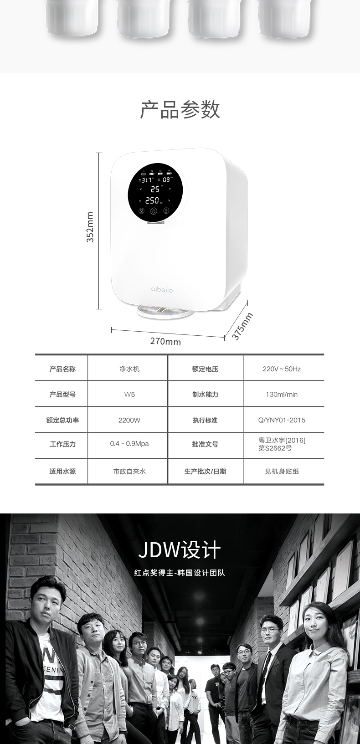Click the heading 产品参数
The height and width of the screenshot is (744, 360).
click(180, 110)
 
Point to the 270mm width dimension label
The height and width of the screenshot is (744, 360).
click(165, 341)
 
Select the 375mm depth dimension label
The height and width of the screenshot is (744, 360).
click(242, 326)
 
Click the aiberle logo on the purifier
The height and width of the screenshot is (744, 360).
click(162, 289)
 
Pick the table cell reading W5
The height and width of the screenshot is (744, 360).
click(129, 395)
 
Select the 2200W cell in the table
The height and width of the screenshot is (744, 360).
click(129, 420)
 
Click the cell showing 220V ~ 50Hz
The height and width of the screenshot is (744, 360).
click(282, 369)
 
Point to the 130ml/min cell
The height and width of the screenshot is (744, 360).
click(282, 395)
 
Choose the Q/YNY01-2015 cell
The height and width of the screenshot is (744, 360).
click(282, 420)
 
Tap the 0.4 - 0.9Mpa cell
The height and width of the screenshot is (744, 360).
click(129, 444)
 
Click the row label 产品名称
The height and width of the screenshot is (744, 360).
click(62, 369)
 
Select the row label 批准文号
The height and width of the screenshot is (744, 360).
click(205, 444)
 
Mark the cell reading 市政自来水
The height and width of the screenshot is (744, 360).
click(129, 472)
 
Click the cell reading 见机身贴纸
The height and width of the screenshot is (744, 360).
click(282, 472)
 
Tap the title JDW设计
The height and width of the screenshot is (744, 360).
click(180, 550)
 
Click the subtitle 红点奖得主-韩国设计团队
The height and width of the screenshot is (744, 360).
click(180, 573)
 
